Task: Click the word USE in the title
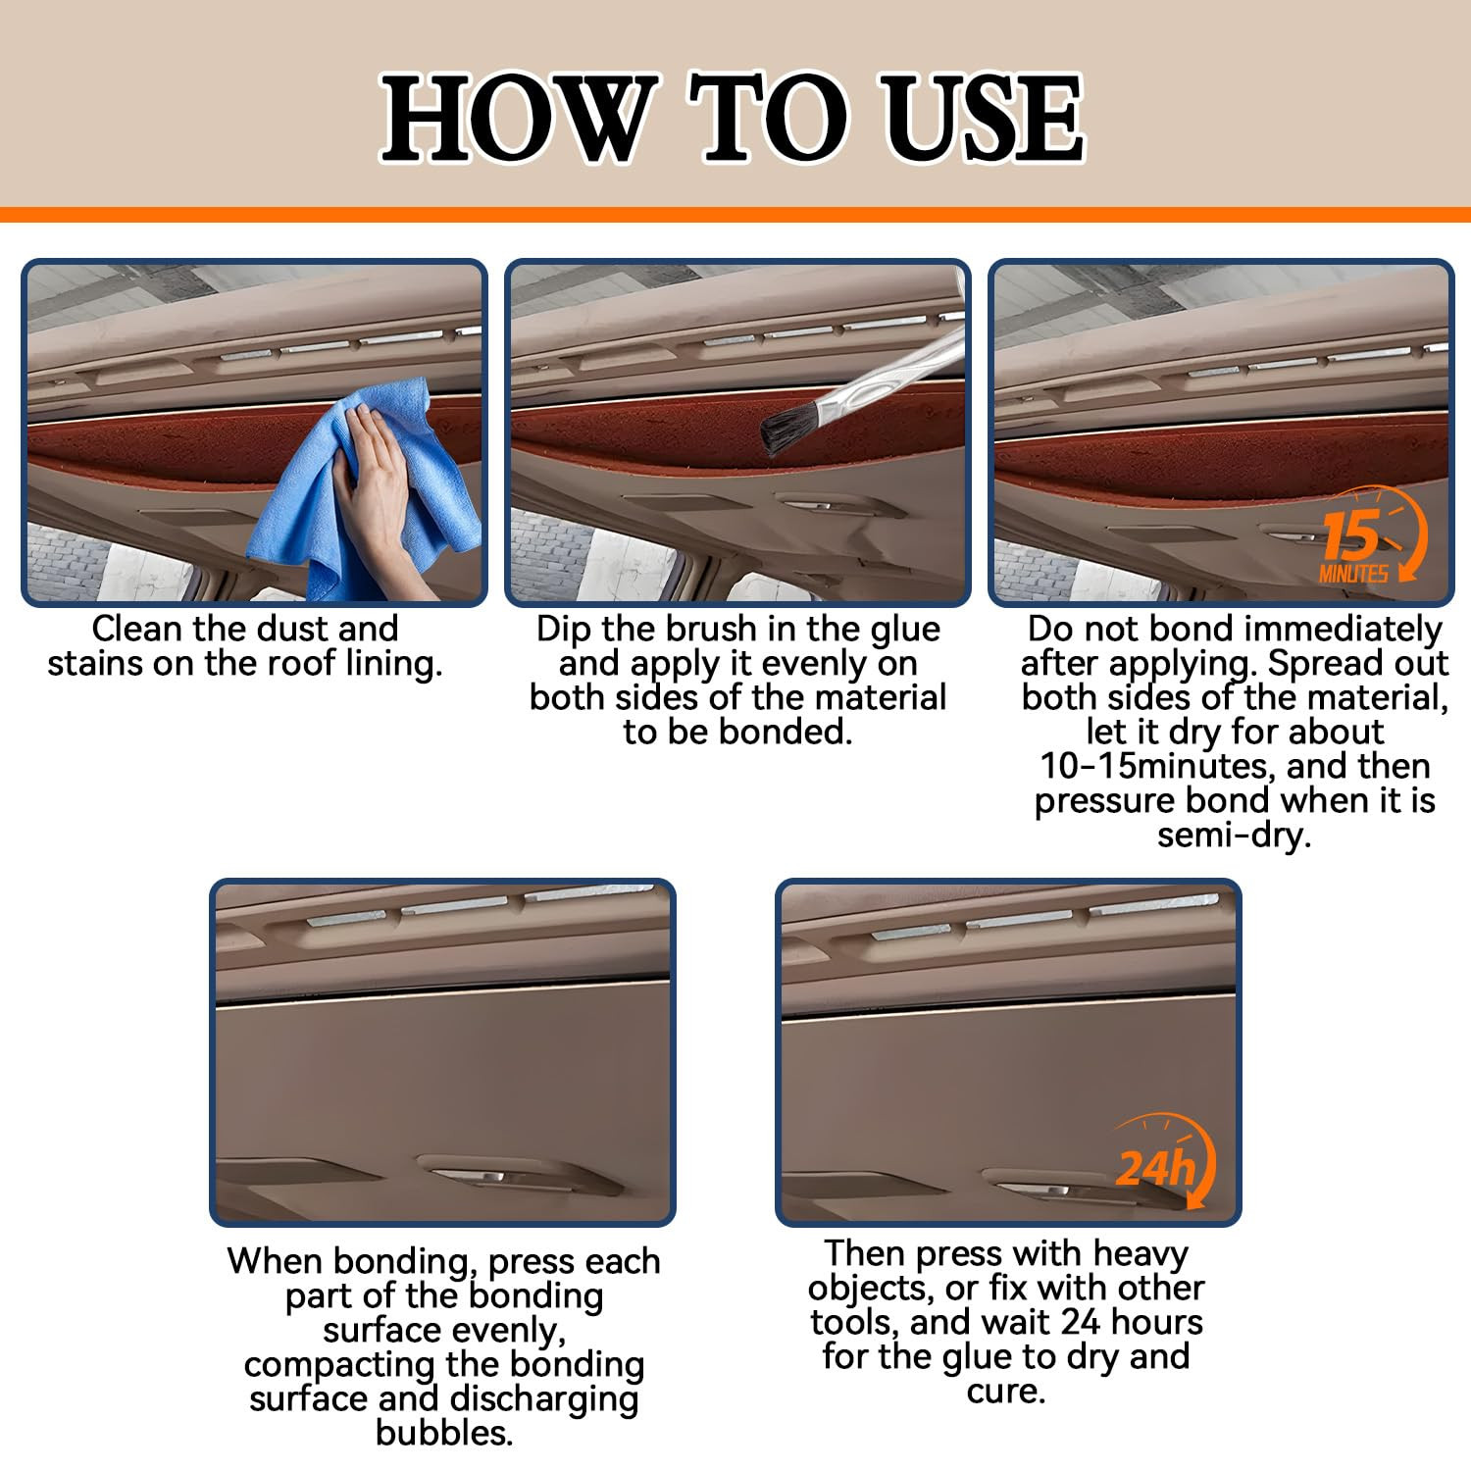click(x=982, y=119)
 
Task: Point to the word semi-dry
click(x=1234, y=835)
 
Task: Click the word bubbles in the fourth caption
click(x=443, y=1433)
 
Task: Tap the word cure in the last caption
click(x=1005, y=1391)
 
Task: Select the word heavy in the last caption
click(x=1140, y=1253)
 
